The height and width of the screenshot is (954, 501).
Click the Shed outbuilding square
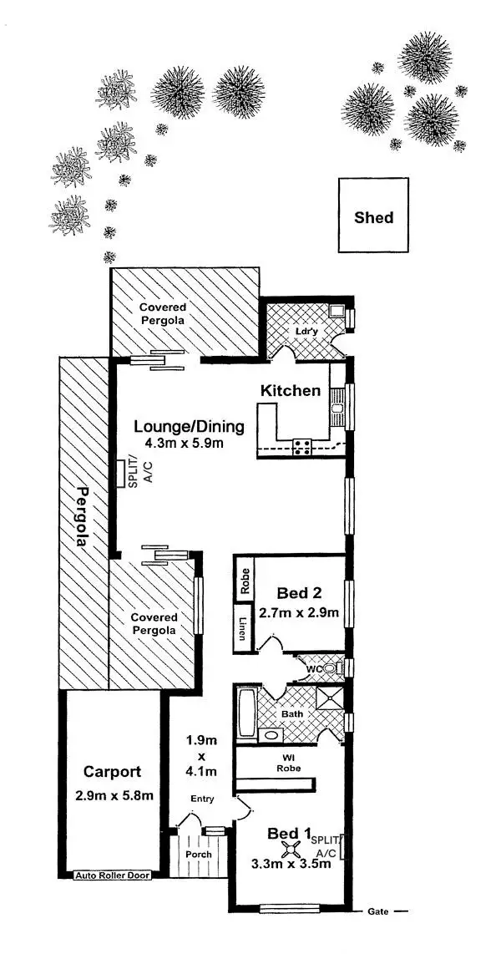pos(373,216)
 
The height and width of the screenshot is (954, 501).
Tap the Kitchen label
pos(291,390)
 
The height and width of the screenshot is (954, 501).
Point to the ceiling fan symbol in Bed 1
pos(291,850)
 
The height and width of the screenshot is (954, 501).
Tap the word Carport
pos(112,772)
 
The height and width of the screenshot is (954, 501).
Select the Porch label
pos(199,854)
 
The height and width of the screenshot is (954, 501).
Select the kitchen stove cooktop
pos(301,447)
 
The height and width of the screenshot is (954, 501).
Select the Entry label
pos(202,799)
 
